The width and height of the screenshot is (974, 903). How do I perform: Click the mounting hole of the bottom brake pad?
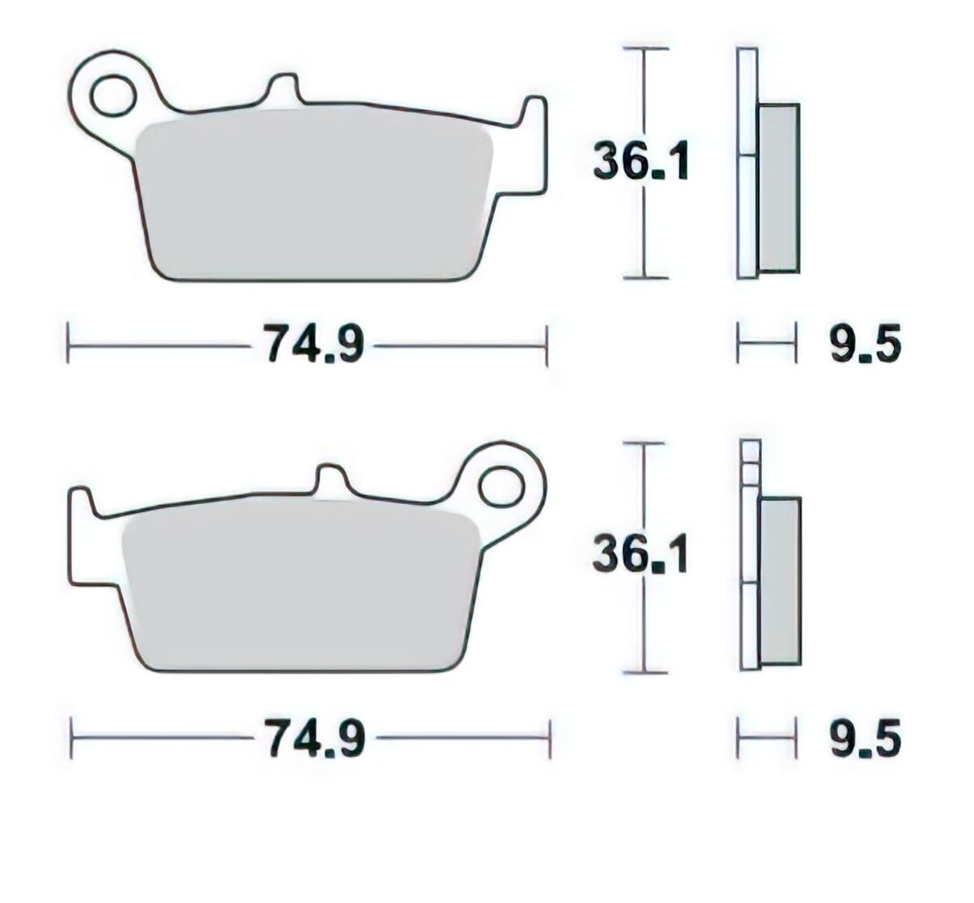point(500,489)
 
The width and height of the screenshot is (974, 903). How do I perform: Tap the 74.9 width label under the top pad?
point(311,346)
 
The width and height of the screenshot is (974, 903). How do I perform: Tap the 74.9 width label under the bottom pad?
point(314,739)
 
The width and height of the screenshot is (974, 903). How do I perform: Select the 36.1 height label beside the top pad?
point(641,161)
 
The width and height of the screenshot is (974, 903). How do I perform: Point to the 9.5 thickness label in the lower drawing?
point(865,740)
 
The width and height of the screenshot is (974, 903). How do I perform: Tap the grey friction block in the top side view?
point(778,188)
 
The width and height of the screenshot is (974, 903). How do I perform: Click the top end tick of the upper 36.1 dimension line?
point(645,49)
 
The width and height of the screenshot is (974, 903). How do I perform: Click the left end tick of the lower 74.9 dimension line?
point(72,738)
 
